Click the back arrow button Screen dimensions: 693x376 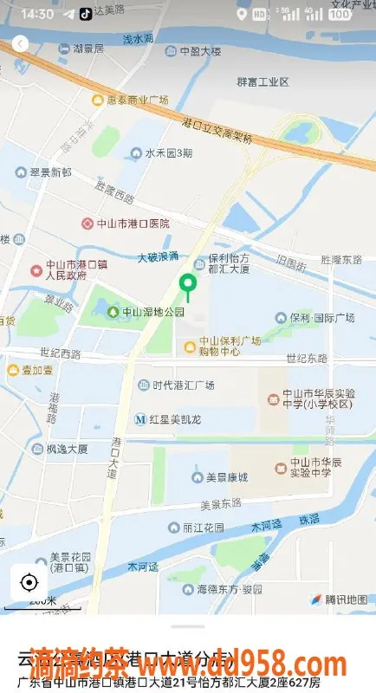tap(21, 44)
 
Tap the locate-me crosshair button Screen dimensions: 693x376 tap(29, 582)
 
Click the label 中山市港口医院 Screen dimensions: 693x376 tap(133, 223)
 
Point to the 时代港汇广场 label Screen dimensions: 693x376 tap(183, 385)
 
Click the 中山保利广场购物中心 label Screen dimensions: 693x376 tap(229, 346)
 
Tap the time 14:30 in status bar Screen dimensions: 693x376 tap(36, 14)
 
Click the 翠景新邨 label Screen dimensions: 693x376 tap(49, 173)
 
